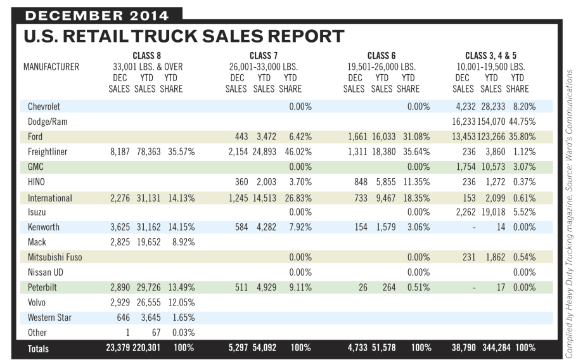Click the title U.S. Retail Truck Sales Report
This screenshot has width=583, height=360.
coord(184,36)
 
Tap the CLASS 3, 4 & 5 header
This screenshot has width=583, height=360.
coord(491,56)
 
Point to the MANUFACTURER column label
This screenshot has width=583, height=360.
coord(51,67)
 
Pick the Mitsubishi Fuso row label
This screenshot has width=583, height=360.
coord(55,257)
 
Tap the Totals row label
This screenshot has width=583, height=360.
coord(38,348)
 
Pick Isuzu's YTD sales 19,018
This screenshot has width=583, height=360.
coord(490,212)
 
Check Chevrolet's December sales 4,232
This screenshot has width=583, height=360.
coord(464,106)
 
